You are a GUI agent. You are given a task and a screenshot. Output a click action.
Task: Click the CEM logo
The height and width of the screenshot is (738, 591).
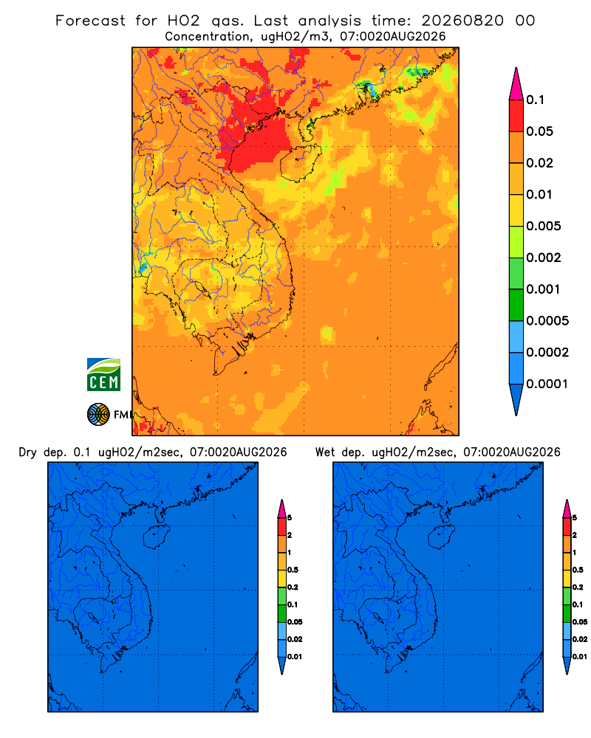pos(103,375)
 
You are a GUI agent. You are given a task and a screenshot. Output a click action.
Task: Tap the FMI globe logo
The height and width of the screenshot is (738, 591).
pos(98,415)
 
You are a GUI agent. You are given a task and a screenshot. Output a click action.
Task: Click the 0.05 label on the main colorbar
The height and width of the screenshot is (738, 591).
pos(539,131)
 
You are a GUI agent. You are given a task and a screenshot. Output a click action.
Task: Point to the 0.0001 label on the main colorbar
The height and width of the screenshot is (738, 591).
pos(547,384)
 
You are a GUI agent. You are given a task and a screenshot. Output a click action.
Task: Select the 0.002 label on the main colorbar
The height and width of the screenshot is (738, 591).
pos(544,258)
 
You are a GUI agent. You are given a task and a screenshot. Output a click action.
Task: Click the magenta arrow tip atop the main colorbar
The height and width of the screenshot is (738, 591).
pos(516,83)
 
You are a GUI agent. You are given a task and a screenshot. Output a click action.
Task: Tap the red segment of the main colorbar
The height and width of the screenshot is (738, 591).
pos(516,116)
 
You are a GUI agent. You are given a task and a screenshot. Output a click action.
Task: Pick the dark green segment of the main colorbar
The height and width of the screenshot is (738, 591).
pos(516,305)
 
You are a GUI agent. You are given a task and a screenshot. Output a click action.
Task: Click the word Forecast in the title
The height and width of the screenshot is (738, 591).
pos(90,21)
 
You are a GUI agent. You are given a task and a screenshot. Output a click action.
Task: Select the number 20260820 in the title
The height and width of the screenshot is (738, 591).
pos(462,21)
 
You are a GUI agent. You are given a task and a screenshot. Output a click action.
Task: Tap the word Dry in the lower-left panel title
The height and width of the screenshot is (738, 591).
pos(28,452)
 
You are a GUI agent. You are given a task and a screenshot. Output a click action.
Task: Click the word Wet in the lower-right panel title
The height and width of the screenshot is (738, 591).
pos(324,452)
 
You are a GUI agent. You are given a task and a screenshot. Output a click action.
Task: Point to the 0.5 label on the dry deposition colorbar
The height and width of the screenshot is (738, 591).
pos(293,570)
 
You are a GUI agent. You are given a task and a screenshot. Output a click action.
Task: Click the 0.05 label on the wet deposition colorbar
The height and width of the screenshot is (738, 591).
pos(580,622)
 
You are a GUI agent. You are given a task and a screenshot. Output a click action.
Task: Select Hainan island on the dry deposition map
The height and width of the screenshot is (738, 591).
pos(156,537)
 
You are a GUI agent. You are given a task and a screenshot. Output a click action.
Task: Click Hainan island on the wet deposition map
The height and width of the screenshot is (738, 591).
pos(442,537)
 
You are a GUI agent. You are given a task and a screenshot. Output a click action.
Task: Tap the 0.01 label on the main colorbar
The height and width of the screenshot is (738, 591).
pos(539,194)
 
